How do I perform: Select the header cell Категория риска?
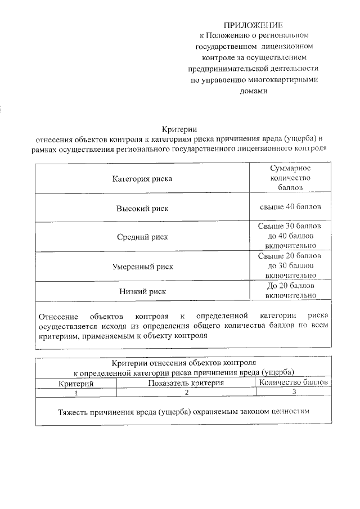click(142, 178)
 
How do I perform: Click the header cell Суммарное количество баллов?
click(290, 178)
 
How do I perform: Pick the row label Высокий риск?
click(142, 208)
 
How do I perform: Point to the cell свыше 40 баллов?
click(290, 207)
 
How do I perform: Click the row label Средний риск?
click(142, 237)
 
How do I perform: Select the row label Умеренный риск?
click(142, 266)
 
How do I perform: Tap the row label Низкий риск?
click(142, 291)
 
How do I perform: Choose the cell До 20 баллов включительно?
click(290, 290)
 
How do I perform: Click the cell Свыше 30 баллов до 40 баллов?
click(290, 236)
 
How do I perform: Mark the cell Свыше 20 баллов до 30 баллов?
click(290, 265)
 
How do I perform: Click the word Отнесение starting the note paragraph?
click(56, 315)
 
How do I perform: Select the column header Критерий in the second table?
click(76, 383)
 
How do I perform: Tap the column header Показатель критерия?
click(186, 383)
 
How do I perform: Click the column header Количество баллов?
click(292, 383)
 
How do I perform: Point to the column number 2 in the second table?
click(186, 393)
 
